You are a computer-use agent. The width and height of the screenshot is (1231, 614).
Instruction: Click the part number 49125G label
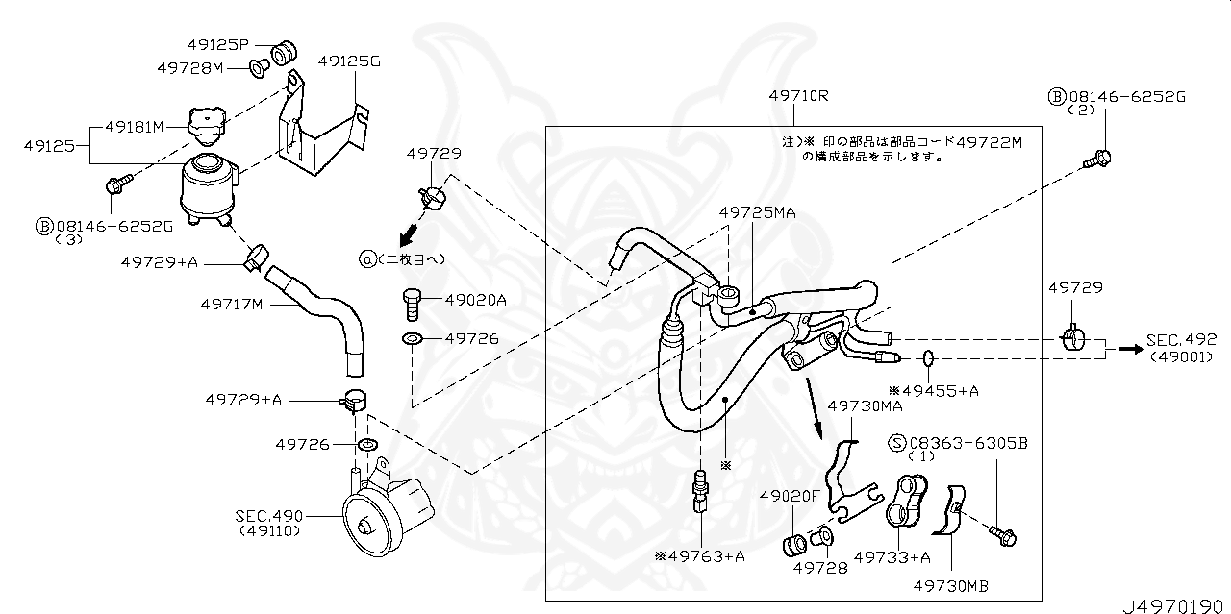pyautogui.click(x=349, y=61)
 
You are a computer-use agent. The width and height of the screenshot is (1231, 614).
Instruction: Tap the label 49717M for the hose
pyautogui.click(x=232, y=305)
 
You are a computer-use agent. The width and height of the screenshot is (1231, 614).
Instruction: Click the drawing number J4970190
pyautogui.click(x=1172, y=604)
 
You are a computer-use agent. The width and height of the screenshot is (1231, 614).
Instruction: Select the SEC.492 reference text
pyautogui.click(x=1181, y=340)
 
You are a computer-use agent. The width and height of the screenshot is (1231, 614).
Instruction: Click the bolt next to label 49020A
pyautogui.click(x=412, y=303)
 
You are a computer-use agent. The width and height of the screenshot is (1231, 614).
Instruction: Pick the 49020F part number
pyautogui.click(x=789, y=496)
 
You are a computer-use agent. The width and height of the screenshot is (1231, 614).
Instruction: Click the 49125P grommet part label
pyautogui.click(x=218, y=44)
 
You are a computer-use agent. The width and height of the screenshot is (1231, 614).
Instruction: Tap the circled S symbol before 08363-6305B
pyautogui.click(x=897, y=443)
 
